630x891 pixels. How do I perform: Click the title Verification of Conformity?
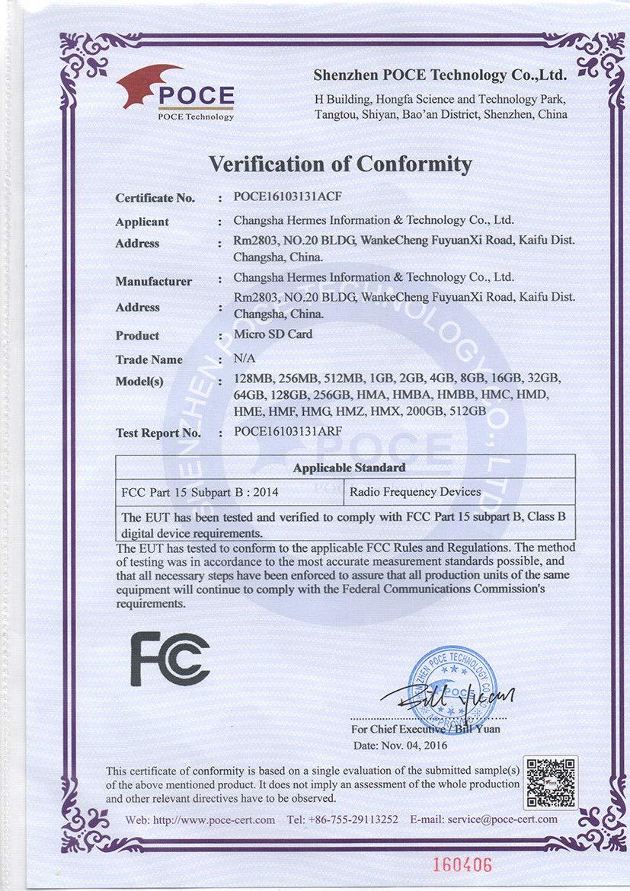pos(341,164)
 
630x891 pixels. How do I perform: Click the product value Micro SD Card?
pos(273,334)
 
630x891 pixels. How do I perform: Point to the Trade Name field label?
pos(149,359)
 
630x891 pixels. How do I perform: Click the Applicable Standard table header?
pos(349,467)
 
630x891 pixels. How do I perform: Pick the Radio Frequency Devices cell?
pos(415,492)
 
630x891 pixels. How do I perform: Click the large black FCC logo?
pos(169,659)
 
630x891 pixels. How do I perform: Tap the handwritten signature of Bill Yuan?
pos(449,695)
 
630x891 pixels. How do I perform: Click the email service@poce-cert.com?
pos(483,819)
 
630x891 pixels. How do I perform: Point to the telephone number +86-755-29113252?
pos(343,819)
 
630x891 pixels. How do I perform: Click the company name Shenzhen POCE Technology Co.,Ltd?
pos(440,75)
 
